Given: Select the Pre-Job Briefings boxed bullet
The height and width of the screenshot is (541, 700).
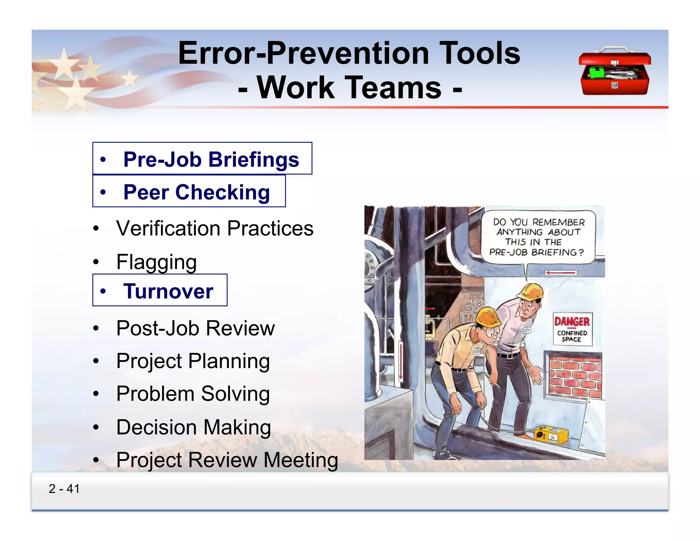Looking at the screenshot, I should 202,159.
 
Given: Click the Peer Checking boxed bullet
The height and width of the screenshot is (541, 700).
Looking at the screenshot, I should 189,192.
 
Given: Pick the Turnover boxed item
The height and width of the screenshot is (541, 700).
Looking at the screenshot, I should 160,291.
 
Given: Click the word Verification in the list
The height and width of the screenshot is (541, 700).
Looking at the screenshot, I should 168,228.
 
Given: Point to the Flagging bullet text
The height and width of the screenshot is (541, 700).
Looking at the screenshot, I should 156,262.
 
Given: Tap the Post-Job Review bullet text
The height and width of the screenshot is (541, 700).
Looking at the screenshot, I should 195,328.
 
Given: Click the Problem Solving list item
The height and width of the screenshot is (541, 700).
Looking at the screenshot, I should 193,394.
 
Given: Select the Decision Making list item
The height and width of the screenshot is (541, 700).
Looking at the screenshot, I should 193,427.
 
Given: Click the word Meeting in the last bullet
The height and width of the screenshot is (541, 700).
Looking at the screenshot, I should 301,460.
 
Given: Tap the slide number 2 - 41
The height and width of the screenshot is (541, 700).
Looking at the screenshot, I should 64,489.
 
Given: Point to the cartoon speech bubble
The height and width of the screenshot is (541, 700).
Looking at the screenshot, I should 538,237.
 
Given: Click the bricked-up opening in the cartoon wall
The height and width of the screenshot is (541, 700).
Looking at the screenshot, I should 575,375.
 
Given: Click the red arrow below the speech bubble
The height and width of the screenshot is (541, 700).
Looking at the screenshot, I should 561,273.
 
